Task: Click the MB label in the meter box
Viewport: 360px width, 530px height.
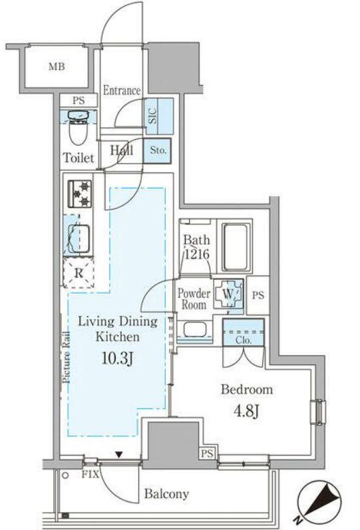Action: click(x=57, y=66)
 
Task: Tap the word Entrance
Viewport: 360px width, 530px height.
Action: click(x=122, y=90)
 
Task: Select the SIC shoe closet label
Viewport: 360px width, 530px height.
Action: click(x=152, y=116)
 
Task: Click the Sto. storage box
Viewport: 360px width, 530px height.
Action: click(x=157, y=150)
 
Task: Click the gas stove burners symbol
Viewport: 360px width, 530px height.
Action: click(x=80, y=194)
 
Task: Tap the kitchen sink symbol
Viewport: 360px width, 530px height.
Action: click(x=79, y=239)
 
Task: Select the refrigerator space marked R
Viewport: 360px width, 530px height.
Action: click(x=79, y=273)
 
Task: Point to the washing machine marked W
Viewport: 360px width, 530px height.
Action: click(x=228, y=294)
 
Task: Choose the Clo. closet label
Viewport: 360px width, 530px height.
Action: click(x=244, y=340)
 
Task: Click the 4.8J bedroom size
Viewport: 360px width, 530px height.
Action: click(x=247, y=411)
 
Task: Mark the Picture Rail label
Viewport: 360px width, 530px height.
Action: click(x=67, y=357)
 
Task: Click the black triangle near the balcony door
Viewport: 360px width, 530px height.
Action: click(x=118, y=455)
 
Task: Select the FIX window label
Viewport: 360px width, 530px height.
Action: click(x=90, y=475)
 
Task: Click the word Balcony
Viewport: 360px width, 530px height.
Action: click(x=166, y=494)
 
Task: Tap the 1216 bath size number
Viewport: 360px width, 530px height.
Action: click(x=196, y=254)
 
